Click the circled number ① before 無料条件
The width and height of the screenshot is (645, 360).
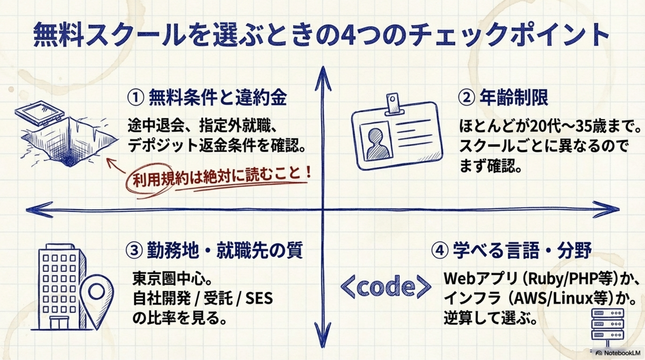point(135,98)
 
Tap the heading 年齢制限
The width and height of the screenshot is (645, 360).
point(513,98)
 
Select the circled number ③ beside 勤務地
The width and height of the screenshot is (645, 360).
point(134,250)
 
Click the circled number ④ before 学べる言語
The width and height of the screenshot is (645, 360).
point(439,251)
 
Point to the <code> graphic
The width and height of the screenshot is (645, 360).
point(385,287)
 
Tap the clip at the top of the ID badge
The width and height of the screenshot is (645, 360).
point(393,103)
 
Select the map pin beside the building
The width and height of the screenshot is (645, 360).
point(97,293)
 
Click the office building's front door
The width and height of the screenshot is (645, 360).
point(59,322)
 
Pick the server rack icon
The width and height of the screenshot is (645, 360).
point(607,324)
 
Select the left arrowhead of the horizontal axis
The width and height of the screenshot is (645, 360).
point(37,210)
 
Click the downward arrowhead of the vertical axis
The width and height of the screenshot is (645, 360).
point(322,337)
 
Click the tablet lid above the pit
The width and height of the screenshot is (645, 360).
point(40,113)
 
